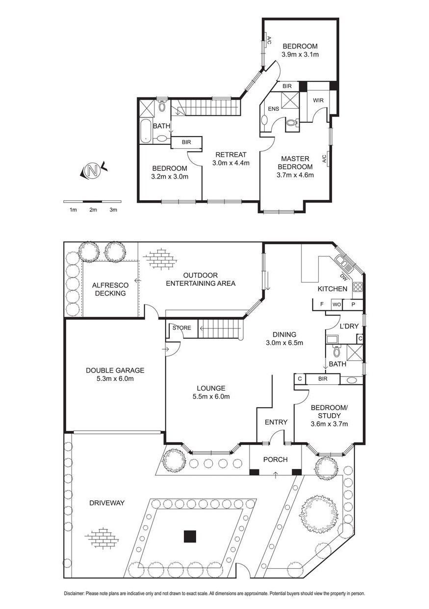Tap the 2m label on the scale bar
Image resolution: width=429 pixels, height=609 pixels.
point(93,210)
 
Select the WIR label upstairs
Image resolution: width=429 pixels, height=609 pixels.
point(318,100)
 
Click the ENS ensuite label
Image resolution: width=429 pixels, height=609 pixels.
point(274,109)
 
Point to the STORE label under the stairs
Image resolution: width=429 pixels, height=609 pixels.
point(181,328)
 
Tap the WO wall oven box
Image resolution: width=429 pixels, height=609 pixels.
point(337,304)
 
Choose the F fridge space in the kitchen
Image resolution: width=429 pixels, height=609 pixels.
point(322,304)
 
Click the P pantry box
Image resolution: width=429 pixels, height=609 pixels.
point(353,304)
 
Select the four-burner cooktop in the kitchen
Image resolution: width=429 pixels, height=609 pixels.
point(358,286)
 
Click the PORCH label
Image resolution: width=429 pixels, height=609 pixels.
point(276,460)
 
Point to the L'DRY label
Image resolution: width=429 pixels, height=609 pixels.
point(349,326)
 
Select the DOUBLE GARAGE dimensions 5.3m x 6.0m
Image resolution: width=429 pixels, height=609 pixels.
point(115,378)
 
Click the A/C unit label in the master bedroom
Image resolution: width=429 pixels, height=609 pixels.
point(324,159)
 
